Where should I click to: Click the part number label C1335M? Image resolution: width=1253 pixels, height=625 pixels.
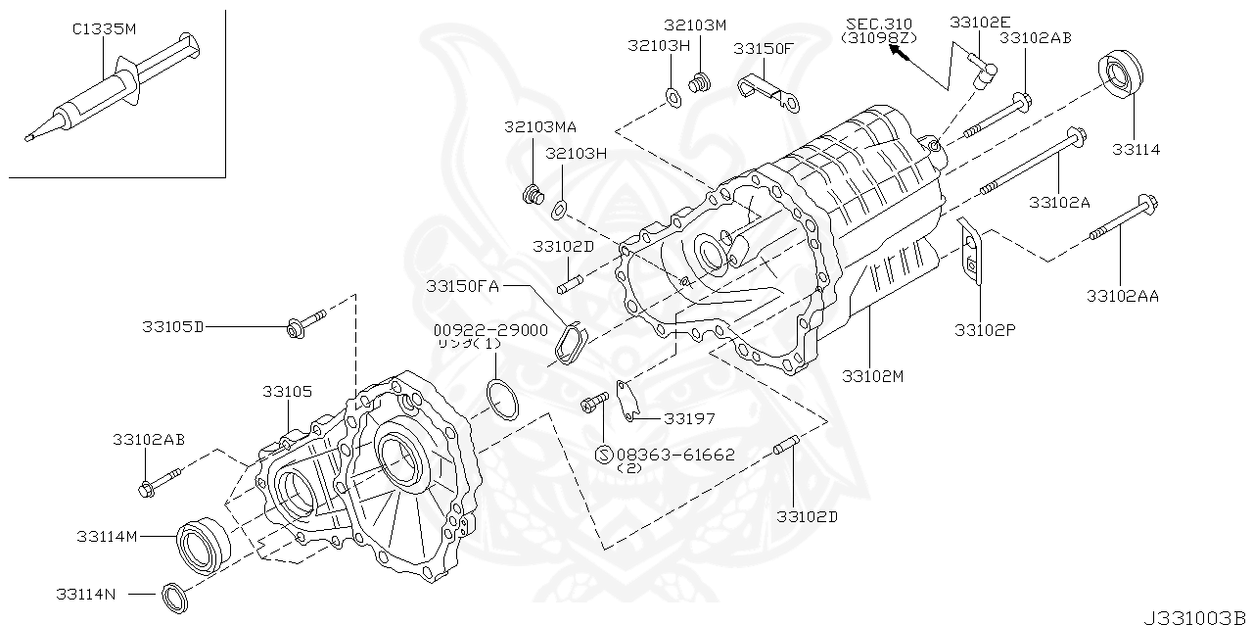click(104, 29)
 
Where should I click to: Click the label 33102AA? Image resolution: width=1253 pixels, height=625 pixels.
click(1122, 295)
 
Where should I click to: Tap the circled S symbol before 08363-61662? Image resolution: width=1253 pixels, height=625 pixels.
click(604, 455)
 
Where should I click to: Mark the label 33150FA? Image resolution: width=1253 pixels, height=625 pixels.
click(463, 286)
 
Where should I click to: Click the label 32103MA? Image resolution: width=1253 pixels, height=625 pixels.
click(540, 127)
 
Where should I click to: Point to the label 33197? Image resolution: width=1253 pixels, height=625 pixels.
click(689, 418)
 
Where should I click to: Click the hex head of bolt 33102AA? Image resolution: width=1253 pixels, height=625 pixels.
click(1147, 206)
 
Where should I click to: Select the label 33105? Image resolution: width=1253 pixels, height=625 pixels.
click(287, 391)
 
